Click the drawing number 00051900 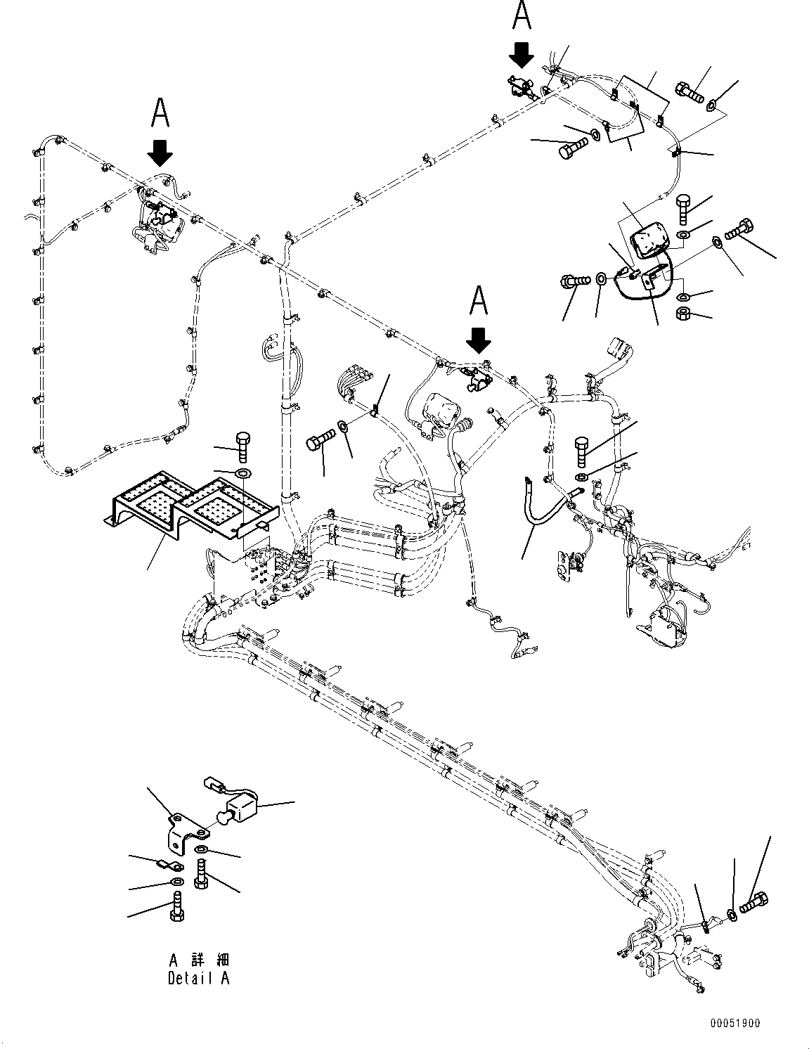[x=734, y=1024]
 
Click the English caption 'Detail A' [x=198, y=978]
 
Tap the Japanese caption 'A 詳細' [x=198, y=960]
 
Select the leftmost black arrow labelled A [x=161, y=151]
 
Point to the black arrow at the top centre [x=522, y=53]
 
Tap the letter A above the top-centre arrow [x=522, y=15]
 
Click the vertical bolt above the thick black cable [x=581, y=451]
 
